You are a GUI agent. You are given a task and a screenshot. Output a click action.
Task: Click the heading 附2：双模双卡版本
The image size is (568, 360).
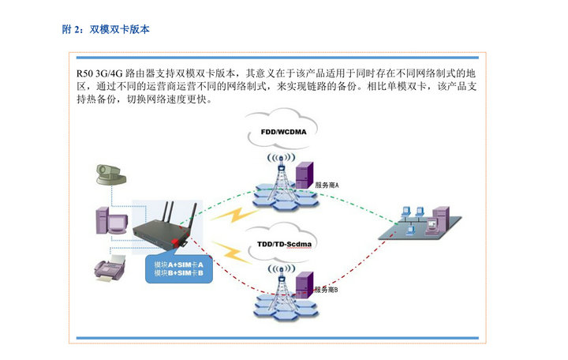[106, 29]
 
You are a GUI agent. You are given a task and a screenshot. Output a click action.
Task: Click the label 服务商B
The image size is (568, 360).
[326, 290]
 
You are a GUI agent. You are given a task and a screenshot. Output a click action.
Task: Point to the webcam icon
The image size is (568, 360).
[106, 173]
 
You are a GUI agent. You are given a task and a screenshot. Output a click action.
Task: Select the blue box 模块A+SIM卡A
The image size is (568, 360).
[178, 264]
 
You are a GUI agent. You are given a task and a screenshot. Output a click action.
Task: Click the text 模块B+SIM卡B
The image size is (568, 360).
[178, 273]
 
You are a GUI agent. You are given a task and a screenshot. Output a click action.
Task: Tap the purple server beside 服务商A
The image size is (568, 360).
[303, 174]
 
